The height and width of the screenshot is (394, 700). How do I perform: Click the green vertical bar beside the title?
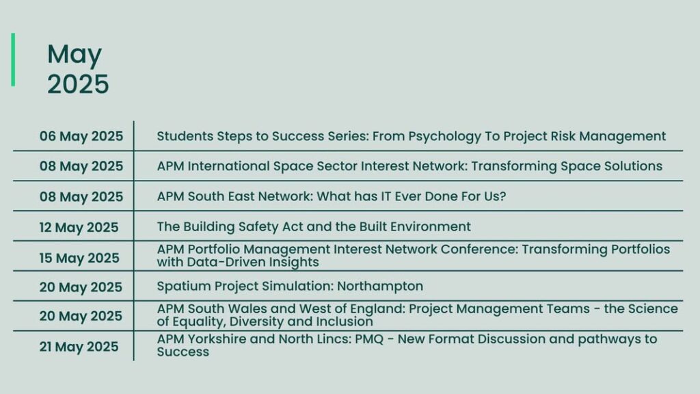point(13,60)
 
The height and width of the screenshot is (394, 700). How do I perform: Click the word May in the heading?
point(75,55)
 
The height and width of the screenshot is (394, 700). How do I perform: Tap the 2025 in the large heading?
point(78,84)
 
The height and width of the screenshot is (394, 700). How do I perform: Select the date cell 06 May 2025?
point(81,136)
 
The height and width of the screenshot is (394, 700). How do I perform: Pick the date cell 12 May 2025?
point(79,227)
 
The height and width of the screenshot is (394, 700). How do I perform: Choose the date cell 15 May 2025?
point(79,258)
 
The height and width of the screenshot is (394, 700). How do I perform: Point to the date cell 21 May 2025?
point(79,347)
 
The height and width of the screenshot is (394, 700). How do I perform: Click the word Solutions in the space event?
point(634,166)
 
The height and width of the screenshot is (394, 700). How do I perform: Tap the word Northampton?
point(380,287)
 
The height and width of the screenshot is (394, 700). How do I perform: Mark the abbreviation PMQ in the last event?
point(369,339)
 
